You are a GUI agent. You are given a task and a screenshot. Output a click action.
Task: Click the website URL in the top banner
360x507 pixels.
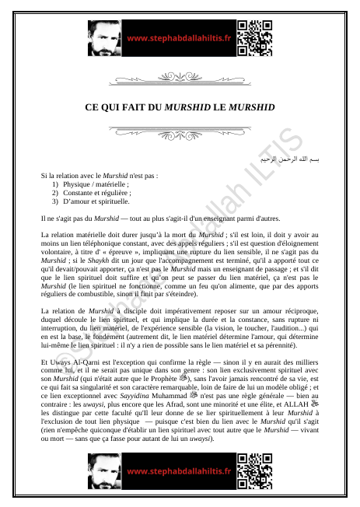click(179, 38)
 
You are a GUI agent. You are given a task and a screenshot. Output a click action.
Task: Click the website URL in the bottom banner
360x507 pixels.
click(179, 471)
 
